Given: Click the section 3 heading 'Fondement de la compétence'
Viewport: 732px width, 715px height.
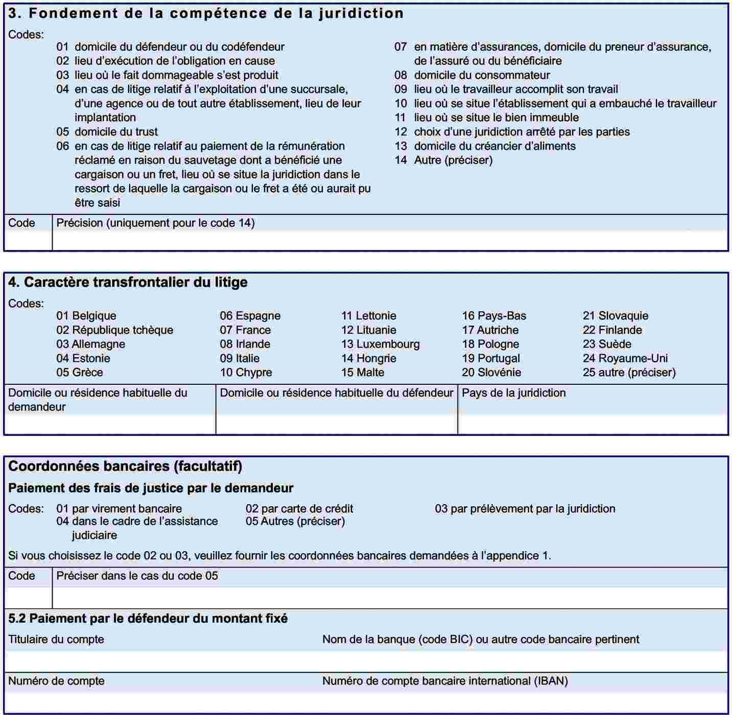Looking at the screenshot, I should pos(206,13).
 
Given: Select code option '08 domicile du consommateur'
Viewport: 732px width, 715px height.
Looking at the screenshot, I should pos(472,75).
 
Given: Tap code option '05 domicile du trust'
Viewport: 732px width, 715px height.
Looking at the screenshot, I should pos(107,132).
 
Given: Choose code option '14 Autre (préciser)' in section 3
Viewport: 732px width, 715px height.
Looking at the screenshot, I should pos(443,160).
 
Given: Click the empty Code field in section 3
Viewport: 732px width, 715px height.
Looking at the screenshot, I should pos(28,240).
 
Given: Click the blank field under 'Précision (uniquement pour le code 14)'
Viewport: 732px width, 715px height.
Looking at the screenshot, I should pos(390,240).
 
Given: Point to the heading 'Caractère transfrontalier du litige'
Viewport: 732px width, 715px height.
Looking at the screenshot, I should pos(128,282).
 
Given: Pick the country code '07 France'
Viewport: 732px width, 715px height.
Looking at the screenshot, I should pos(245,330).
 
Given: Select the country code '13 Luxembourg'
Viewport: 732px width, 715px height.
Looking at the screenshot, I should pos(380,344).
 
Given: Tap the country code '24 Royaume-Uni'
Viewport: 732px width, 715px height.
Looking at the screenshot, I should pos(625,358).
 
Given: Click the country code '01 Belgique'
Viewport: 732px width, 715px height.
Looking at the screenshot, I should pos(86,316).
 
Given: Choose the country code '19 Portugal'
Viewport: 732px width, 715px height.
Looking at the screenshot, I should pos(491,358).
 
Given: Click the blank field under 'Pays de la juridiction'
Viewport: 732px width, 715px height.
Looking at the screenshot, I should pos(593,424).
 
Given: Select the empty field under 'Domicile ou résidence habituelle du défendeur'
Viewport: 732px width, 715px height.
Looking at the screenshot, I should pos(337,424).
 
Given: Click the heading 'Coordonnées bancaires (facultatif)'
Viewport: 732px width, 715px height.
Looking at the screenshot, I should pos(125,466).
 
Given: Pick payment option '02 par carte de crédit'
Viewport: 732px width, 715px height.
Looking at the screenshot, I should pos(299,509).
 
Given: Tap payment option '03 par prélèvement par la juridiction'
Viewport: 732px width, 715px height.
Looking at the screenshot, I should pos(525,509).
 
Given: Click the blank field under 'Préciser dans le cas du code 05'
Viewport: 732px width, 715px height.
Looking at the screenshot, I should pos(390,598).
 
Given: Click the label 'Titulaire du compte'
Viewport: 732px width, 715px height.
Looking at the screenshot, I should pos(56,639).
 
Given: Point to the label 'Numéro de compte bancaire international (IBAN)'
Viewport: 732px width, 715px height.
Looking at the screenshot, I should pos(445,681).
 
